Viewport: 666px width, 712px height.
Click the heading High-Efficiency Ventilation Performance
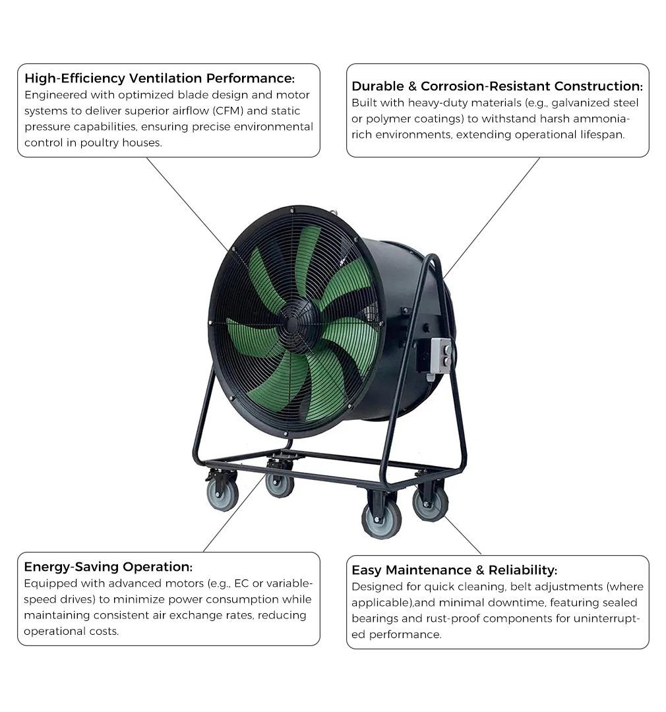[x=160, y=78]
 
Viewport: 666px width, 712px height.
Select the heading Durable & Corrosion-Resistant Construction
[x=497, y=86]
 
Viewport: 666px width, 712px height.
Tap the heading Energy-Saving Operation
[x=108, y=567]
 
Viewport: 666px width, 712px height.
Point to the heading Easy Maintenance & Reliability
[x=454, y=570]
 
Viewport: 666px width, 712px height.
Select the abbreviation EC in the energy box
[x=242, y=583]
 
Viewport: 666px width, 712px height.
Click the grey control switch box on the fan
[x=442, y=356]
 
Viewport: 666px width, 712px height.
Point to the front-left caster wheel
[x=223, y=495]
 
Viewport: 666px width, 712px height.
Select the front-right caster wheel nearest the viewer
[x=381, y=520]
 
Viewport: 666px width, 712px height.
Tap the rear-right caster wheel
[x=430, y=503]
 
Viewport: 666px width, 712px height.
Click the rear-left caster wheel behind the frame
[x=280, y=485]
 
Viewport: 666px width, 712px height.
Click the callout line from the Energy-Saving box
[x=234, y=513]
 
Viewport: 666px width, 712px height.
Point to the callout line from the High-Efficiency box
[x=188, y=204]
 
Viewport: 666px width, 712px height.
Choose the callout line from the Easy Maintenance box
[x=463, y=535]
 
